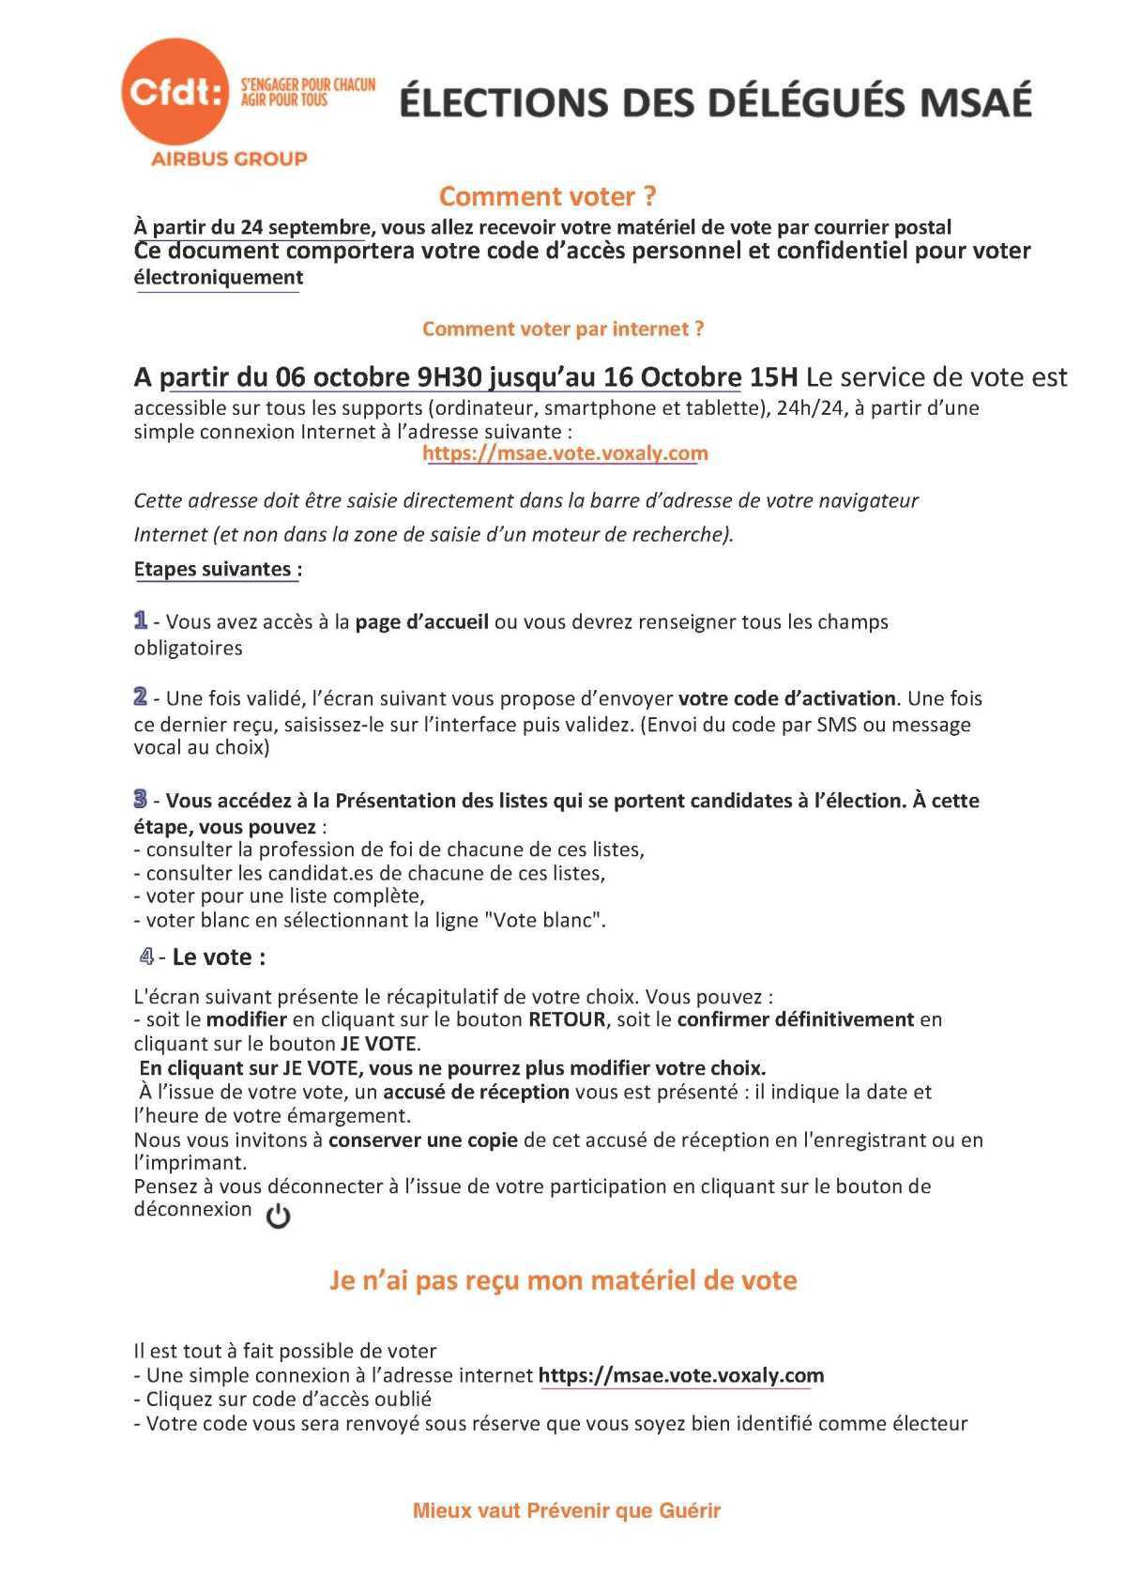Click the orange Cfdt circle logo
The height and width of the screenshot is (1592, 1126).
pos(175,92)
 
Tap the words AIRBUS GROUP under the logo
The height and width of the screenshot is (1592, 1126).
pos(229,159)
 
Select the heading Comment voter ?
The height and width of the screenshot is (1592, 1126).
pos(548,197)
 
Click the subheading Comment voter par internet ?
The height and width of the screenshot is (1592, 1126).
pos(563,329)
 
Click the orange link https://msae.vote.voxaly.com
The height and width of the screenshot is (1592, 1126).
pos(565,453)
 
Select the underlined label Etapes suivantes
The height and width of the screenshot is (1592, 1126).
pos(217,569)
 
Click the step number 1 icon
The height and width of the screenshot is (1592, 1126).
pos(141,620)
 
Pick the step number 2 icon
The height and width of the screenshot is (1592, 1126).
pos(141,697)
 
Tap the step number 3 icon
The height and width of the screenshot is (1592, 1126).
pos(141,800)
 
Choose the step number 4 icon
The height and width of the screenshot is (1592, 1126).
pos(146,957)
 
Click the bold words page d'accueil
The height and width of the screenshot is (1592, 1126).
pos(421,622)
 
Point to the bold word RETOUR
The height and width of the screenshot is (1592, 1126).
pos(567,1019)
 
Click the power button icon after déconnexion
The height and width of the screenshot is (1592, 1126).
pos(279,1217)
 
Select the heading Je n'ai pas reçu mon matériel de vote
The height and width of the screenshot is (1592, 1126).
pos(563,1280)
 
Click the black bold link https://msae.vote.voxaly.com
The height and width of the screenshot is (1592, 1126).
pos(681,1376)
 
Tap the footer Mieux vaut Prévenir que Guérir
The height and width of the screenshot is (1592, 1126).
pos(567,1510)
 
